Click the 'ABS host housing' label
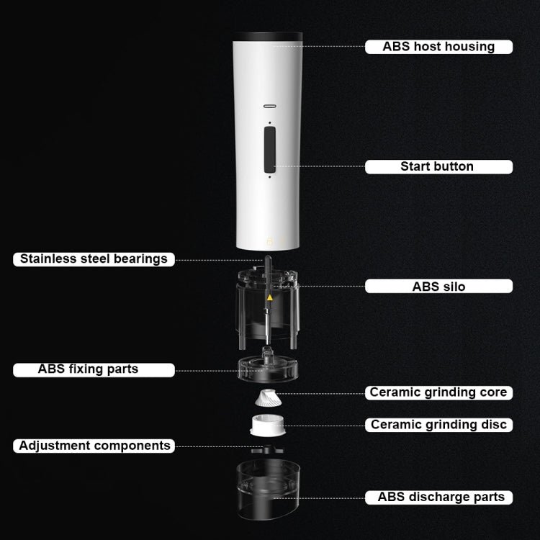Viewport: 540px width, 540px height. click(x=438, y=47)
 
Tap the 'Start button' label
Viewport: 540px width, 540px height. click(x=438, y=167)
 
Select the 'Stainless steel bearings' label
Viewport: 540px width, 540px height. click(x=94, y=259)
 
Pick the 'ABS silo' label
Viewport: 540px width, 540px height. click(x=438, y=286)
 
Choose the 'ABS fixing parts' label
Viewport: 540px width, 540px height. click(x=94, y=370)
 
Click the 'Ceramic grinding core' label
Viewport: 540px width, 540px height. click(x=438, y=392)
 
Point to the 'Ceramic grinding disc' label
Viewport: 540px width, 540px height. click(x=438, y=425)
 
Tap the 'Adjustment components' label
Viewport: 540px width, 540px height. click(x=94, y=446)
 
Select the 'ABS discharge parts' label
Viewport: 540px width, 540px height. click(x=438, y=498)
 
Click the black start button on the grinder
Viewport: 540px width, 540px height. click(x=270, y=150)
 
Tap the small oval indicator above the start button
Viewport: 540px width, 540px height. click(x=270, y=106)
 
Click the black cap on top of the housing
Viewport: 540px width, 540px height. click(x=268, y=36)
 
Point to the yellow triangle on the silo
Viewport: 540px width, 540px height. click(x=270, y=297)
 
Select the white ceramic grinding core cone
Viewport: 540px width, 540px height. click(x=269, y=397)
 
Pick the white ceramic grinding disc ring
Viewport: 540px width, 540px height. click(x=268, y=426)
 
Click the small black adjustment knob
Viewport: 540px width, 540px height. click(x=267, y=449)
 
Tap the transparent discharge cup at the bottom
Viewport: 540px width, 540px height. click(x=268, y=489)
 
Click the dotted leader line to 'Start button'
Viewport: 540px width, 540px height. click(x=319, y=166)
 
